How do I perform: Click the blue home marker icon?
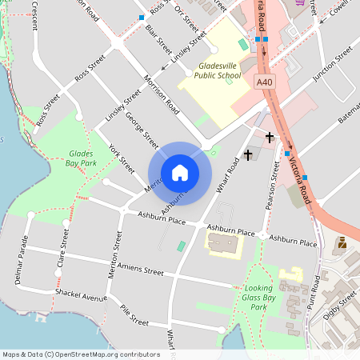(x=180, y=173)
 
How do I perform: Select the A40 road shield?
(x=265, y=82)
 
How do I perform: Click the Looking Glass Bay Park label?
(x=258, y=297)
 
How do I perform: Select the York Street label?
(x=122, y=159)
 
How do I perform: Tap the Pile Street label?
(x=134, y=314)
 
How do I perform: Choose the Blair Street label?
(x=159, y=34)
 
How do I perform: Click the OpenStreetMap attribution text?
(x=80, y=354)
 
